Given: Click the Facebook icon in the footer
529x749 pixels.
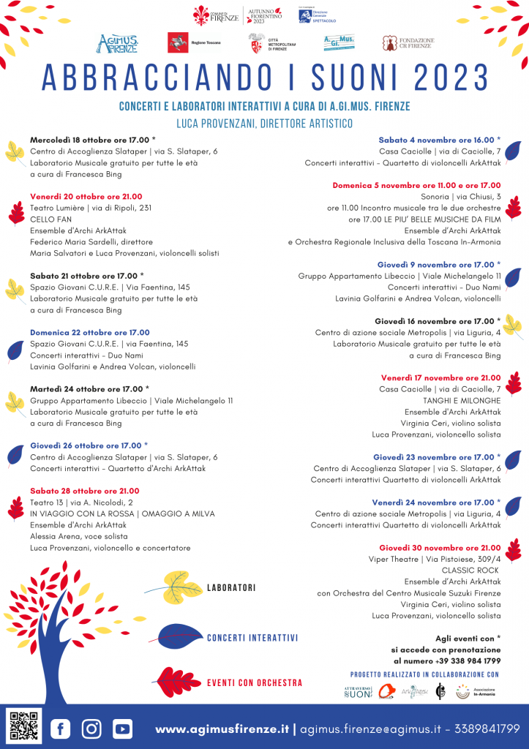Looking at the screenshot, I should pos(60,728).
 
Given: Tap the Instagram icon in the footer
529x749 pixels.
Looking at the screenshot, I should pos(91,728).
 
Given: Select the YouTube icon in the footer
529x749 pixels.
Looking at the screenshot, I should pos(122,728).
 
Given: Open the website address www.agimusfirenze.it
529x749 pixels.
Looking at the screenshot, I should pos(222,729).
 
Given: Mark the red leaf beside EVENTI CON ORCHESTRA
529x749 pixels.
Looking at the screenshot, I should pos(180,682).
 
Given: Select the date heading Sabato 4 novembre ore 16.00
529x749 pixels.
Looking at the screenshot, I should pos(439,140).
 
